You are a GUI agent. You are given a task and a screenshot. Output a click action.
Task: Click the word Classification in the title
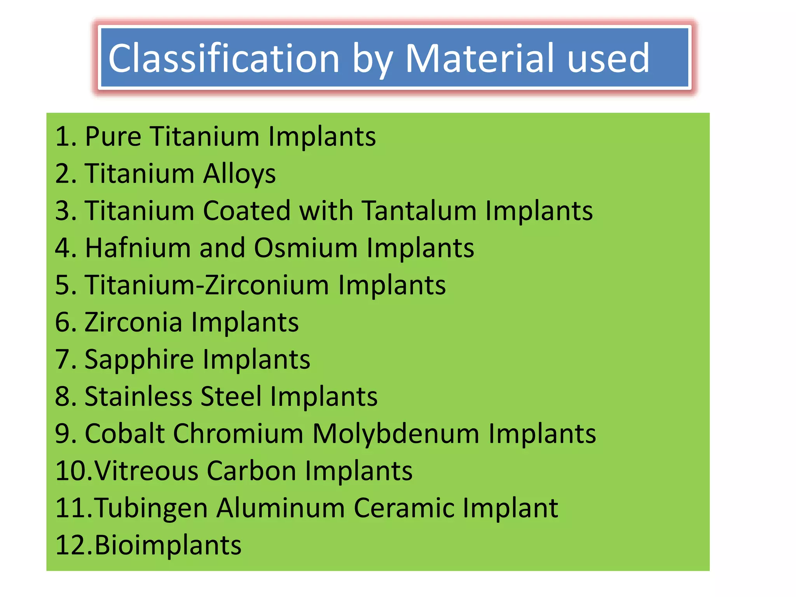pos(224,58)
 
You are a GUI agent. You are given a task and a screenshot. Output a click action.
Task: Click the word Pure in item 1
pos(113,137)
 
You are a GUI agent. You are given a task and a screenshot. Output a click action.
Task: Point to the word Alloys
pos(239,174)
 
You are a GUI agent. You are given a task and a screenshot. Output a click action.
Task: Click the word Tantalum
pos(419,211)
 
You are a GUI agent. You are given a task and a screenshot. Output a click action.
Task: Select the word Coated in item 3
pos(246,211)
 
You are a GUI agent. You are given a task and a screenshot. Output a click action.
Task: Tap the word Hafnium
pos(138,248)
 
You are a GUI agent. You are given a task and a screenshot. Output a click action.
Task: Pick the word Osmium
pos(305,248)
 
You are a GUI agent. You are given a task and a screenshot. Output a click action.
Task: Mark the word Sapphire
pos(139,360)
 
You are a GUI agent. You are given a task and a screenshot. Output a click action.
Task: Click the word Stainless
pos(138,396)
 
